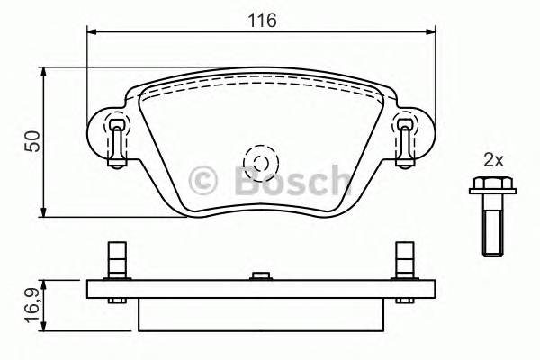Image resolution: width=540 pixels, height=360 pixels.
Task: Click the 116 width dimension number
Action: [x=263, y=18]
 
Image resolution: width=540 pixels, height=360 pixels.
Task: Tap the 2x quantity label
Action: [x=492, y=160]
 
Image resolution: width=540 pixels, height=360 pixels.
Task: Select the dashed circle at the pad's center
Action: [x=261, y=163]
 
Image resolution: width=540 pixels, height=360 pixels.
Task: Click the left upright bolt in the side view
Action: [x=114, y=261]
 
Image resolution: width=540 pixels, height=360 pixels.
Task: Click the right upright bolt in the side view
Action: [x=406, y=261]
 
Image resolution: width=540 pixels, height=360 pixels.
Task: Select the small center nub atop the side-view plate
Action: [x=260, y=275]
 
